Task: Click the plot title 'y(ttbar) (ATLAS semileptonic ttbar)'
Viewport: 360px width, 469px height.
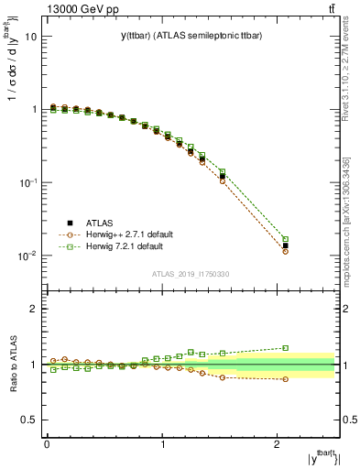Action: [x=191, y=36]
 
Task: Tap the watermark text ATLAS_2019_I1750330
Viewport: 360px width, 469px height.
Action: [x=191, y=274]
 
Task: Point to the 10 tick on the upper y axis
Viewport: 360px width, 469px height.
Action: [x=31, y=37]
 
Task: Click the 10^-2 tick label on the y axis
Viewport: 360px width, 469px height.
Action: [x=27, y=256]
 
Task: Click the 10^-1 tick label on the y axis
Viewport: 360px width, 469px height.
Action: [x=27, y=182]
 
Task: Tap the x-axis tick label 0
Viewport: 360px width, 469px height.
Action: [x=47, y=443]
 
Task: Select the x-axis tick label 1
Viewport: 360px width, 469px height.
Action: [x=163, y=443]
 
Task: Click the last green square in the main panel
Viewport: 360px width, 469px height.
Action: [x=285, y=239]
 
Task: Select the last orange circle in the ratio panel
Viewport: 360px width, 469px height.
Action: [x=285, y=379]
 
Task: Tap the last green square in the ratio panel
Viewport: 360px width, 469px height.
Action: [x=285, y=348]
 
